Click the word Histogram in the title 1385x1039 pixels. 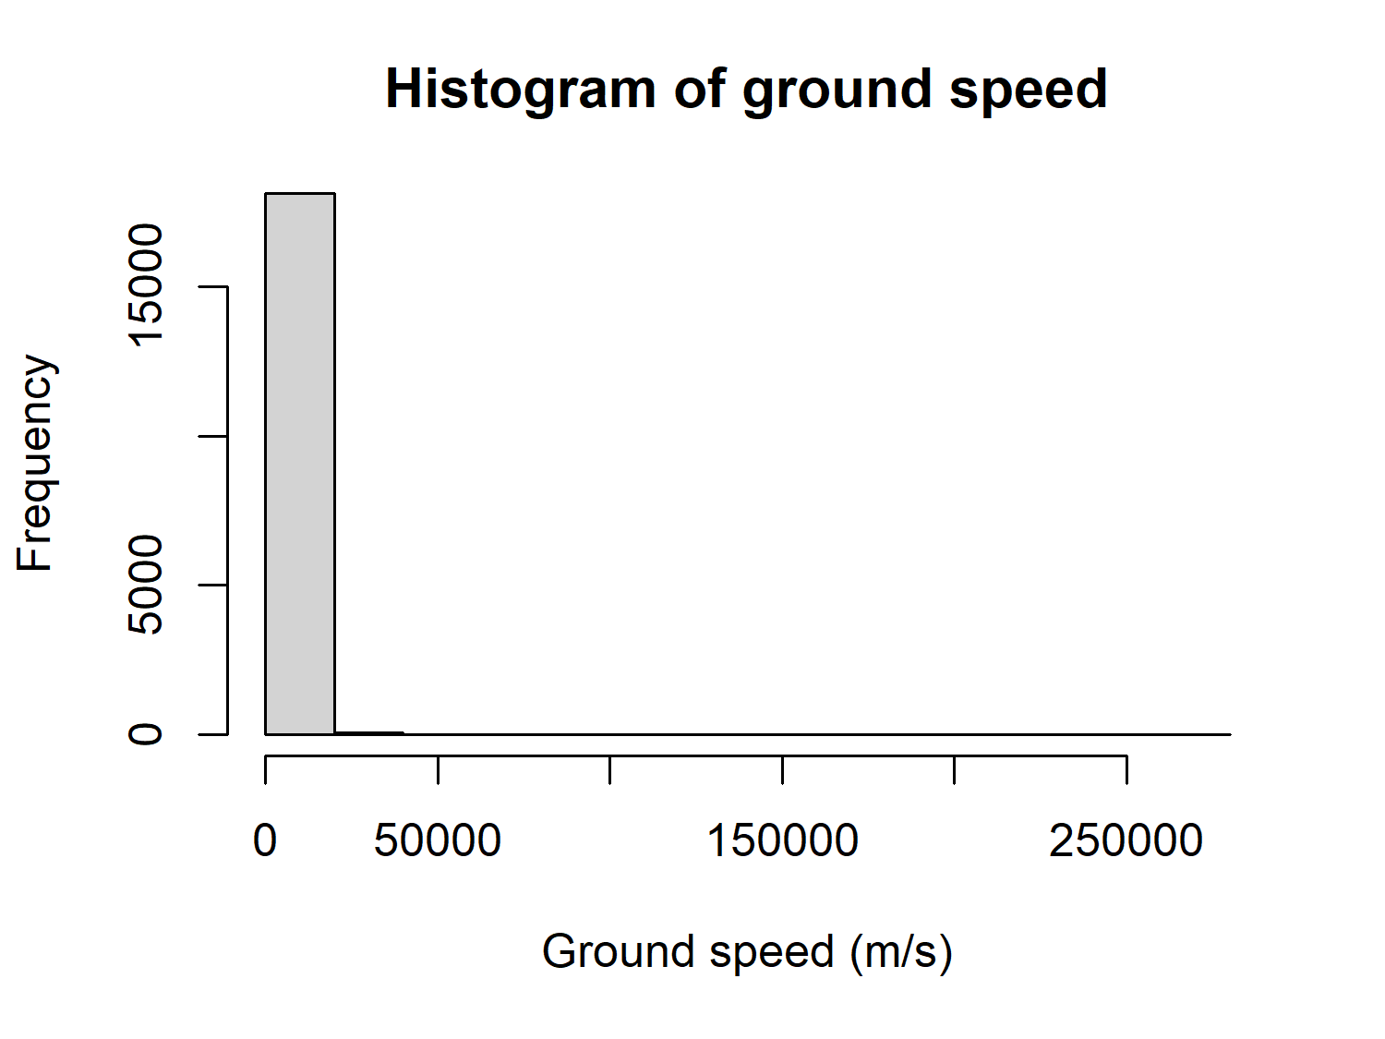520,90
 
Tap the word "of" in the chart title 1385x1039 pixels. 698,90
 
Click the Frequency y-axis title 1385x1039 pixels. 36,463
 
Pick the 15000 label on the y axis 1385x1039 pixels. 146,285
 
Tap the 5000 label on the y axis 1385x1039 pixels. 146,585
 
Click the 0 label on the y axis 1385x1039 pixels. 146,734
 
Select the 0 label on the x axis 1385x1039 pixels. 265,841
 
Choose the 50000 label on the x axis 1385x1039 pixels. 438,841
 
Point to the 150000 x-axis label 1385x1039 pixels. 782,841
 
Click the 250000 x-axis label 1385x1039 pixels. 1126,841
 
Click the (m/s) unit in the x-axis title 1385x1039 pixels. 900,952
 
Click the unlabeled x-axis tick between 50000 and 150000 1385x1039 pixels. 610,768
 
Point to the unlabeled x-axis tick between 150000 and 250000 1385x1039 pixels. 954,768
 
